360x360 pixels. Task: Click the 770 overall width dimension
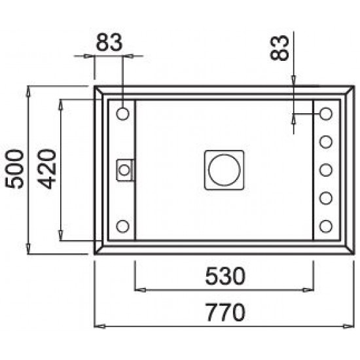click(x=225, y=312)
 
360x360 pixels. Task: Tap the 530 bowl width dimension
click(x=225, y=276)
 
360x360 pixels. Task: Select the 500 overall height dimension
click(x=14, y=169)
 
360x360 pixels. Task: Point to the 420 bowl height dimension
click(x=46, y=169)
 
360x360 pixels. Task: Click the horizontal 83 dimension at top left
click(x=109, y=43)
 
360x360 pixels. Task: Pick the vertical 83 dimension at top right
click(x=279, y=48)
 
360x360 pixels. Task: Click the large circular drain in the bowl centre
click(x=225, y=170)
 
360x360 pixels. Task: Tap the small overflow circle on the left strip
click(x=124, y=170)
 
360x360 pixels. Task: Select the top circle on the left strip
click(x=122, y=114)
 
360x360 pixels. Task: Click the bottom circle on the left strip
click(x=122, y=226)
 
